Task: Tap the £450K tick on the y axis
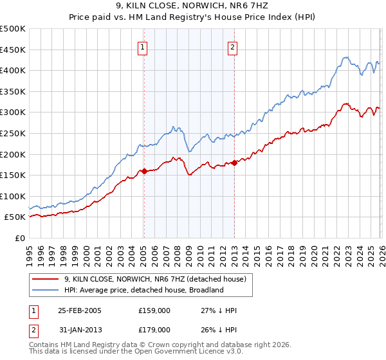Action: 13,50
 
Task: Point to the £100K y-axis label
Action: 13,196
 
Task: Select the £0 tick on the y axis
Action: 21,238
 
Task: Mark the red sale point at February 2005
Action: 144,171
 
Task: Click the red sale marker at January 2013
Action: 234,163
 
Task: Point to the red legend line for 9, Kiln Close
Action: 46,279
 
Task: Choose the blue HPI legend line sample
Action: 46,290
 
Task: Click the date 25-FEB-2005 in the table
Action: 79,310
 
